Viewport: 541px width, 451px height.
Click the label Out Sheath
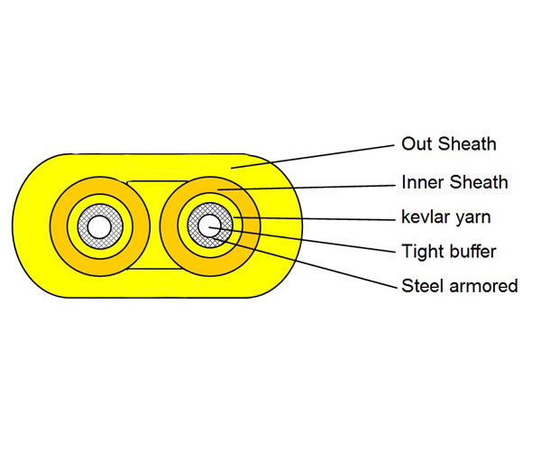[x=449, y=144]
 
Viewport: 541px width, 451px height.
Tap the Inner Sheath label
[x=454, y=182]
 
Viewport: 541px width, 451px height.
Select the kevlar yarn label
[x=448, y=217]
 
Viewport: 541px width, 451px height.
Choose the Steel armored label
[x=460, y=287]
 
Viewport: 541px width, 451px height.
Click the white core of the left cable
[x=96, y=225]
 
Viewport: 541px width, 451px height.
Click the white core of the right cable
[x=211, y=225]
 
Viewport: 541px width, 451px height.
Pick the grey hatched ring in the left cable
[x=82, y=225]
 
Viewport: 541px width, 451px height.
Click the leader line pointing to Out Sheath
[x=316, y=155]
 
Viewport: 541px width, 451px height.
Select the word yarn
[x=472, y=218]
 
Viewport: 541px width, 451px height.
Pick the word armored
[x=482, y=287]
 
